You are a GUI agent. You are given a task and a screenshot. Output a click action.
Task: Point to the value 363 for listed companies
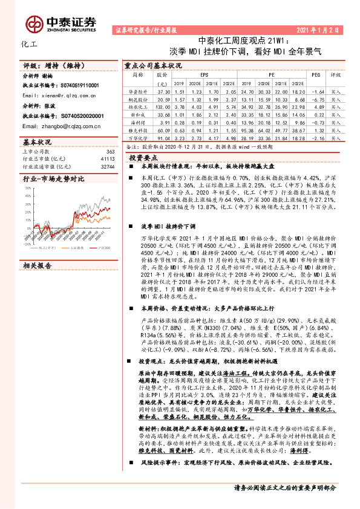point(110,151)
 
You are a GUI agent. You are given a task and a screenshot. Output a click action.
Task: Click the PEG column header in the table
point(315,74)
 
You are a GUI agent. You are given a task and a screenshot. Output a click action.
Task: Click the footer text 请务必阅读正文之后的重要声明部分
point(284,503)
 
